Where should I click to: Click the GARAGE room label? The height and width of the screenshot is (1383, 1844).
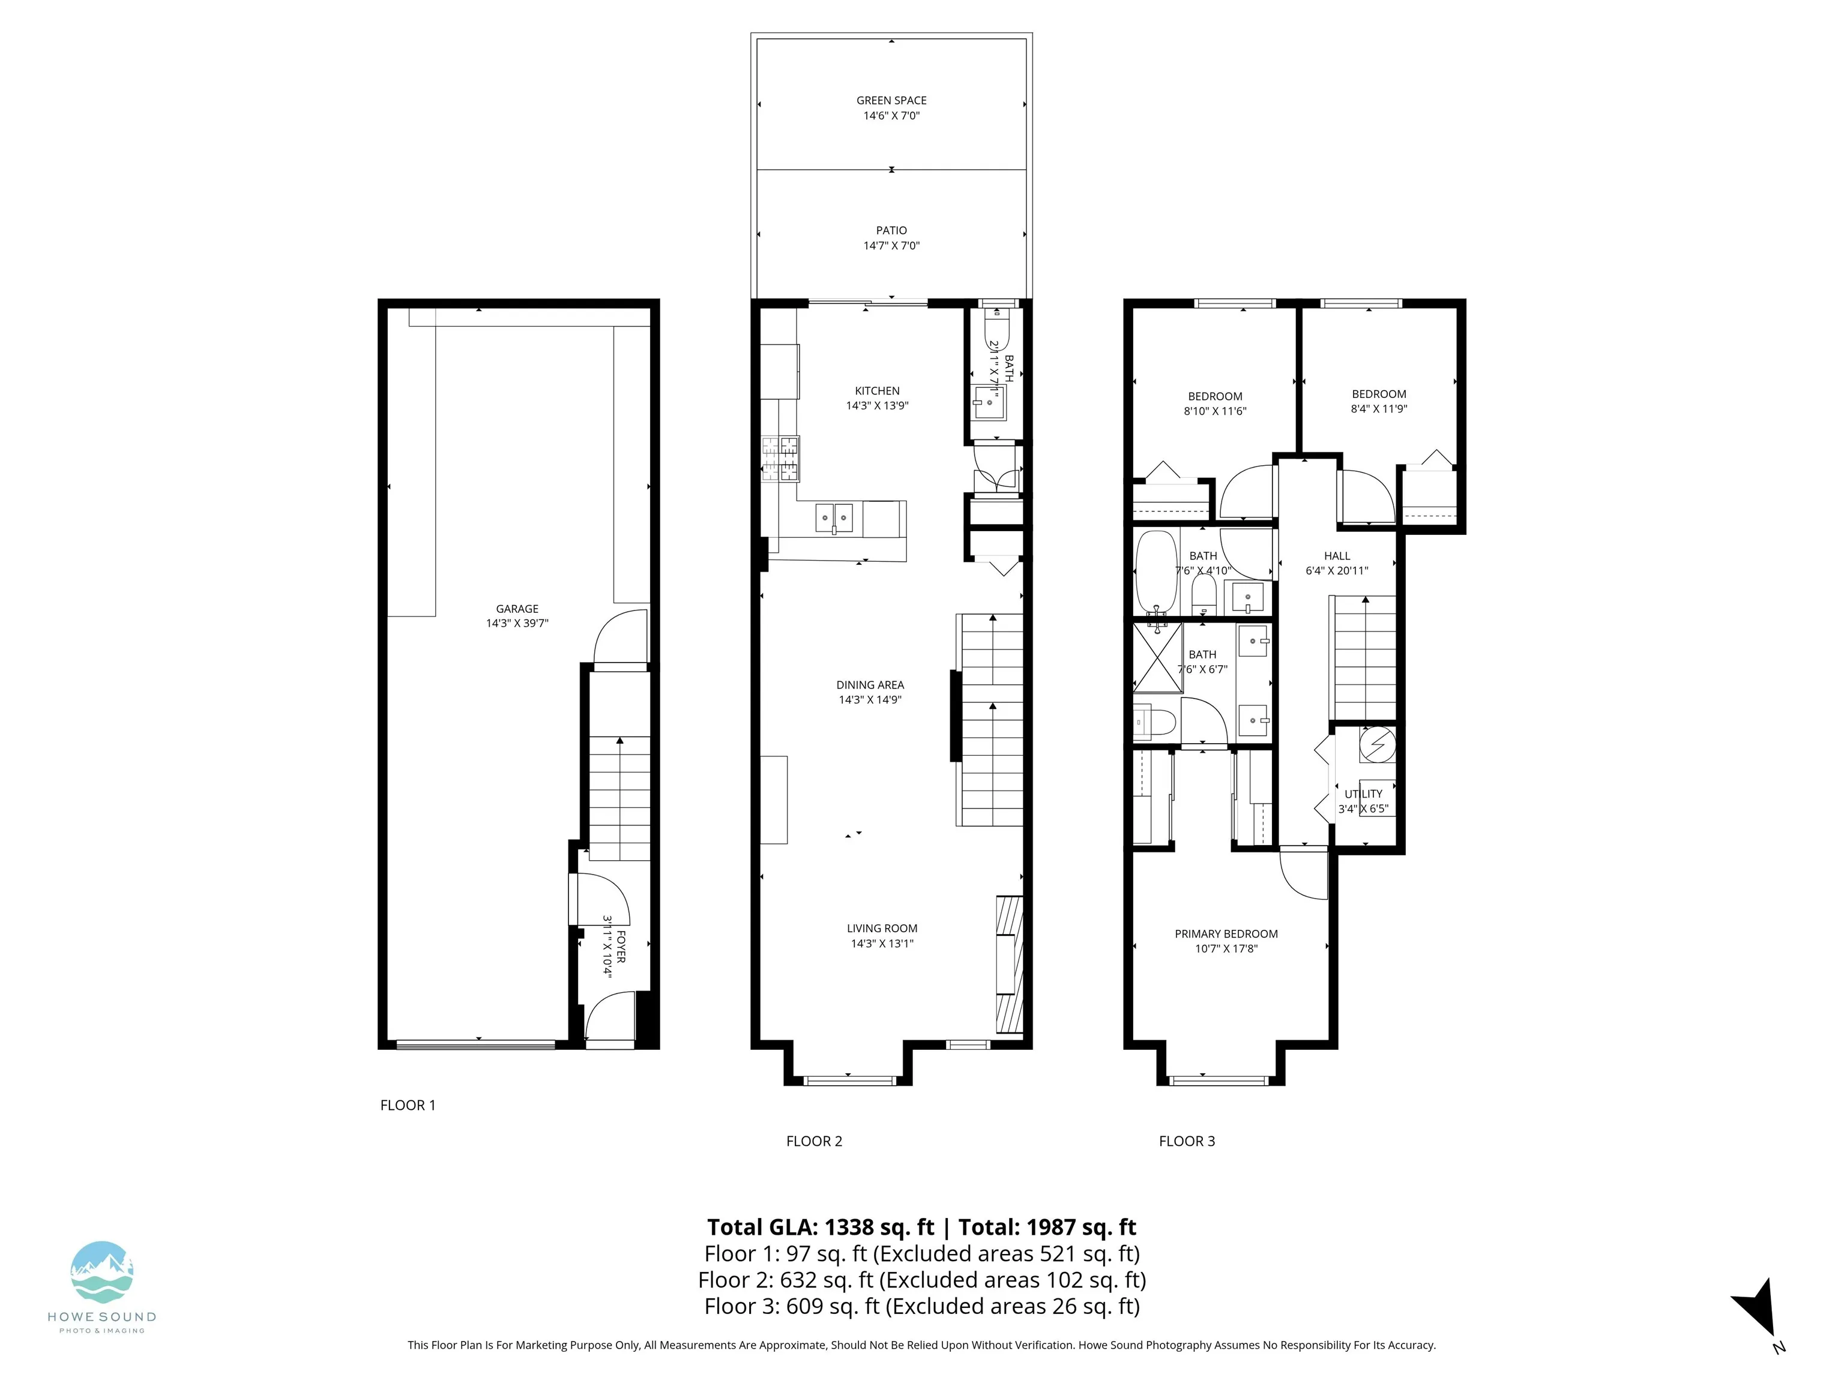517,609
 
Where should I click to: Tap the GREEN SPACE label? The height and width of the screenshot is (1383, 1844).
891,100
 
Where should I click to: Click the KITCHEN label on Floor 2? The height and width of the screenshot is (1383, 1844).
877,390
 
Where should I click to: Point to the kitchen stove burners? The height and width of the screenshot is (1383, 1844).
780,459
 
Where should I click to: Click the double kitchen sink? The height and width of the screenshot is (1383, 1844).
834,517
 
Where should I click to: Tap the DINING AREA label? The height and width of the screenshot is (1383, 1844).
870,684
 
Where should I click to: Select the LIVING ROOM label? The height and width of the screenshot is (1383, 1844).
882,928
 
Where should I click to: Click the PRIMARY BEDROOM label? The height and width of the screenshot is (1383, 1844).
1226,933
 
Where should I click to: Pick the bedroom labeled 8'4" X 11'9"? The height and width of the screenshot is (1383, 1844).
1379,401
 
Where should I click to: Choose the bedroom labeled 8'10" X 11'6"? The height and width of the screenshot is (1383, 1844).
1214,403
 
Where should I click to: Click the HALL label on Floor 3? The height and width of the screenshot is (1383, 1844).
1336,555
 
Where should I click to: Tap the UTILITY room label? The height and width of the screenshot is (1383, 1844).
1363,794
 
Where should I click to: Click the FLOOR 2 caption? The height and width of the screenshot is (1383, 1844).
813,1141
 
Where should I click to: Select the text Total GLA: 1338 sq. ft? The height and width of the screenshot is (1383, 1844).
821,1227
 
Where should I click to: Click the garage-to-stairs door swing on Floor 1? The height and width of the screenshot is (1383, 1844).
618,637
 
